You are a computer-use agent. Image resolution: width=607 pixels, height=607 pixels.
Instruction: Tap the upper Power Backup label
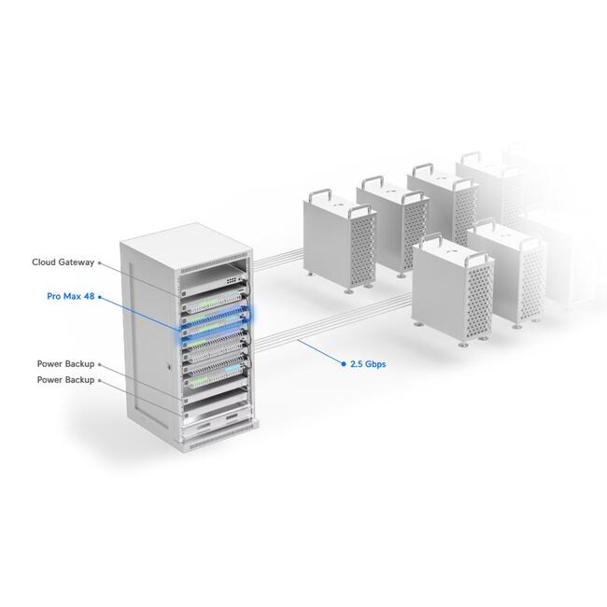pos(64,364)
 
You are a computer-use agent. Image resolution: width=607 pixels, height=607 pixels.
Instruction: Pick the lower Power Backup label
pos(64,380)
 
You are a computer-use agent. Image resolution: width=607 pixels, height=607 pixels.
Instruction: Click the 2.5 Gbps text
pos(367,365)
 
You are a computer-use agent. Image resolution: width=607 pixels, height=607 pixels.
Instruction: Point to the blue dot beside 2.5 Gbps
pos(342,365)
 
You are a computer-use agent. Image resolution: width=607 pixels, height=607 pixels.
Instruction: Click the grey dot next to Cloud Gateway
pos(100,263)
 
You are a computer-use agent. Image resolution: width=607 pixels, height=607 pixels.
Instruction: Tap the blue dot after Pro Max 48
pos(98,297)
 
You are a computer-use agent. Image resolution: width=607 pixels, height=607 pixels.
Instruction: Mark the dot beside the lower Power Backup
pos(99,380)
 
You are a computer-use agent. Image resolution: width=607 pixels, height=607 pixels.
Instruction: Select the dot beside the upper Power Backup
pos(99,365)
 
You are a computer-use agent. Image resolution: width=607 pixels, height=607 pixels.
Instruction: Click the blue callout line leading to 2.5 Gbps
pos(318,356)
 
